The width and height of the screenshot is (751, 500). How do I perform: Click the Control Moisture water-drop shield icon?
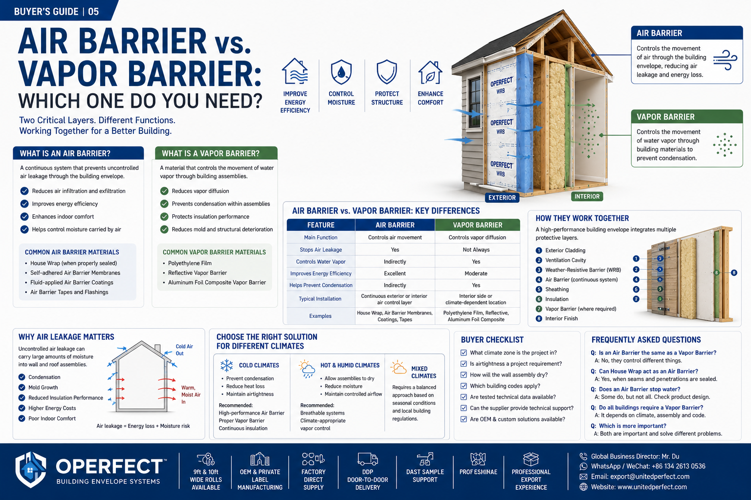coord(341,72)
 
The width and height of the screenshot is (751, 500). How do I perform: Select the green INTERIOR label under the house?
coord(587,197)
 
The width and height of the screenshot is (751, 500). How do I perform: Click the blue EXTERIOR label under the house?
coord(502,198)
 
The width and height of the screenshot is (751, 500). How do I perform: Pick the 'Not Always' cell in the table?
coord(476,250)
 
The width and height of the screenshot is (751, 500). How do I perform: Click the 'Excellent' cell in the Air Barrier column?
coord(395,273)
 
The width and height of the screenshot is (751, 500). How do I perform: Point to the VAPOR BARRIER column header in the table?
coord(477,225)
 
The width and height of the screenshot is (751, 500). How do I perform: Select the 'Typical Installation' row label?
coord(320,299)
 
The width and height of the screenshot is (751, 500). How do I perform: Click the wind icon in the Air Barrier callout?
coord(725,60)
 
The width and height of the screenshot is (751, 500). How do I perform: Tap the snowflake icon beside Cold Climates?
coord(227,365)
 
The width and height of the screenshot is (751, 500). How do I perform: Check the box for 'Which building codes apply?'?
coord(464,386)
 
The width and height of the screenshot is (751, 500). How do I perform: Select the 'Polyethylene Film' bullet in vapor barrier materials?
coord(190,263)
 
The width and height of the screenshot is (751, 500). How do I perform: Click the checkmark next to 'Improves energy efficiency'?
coord(24,204)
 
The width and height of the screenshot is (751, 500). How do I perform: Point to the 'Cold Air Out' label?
coord(184,350)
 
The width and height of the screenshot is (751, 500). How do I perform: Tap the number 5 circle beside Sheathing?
coord(539,290)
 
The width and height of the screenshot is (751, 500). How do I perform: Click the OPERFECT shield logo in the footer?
coord(31,470)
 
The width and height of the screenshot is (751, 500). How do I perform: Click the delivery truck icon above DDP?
coord(368,459)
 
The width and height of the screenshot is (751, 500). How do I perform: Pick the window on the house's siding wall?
coord(475,102)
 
